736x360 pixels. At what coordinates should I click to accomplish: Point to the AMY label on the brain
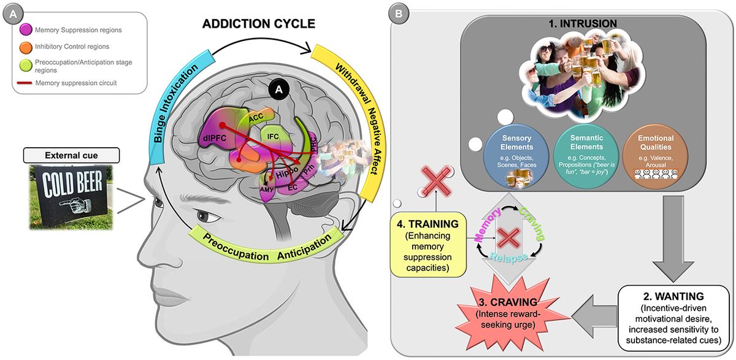tap(267, 191)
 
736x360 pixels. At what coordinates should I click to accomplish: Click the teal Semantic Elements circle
tap(573, 156)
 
